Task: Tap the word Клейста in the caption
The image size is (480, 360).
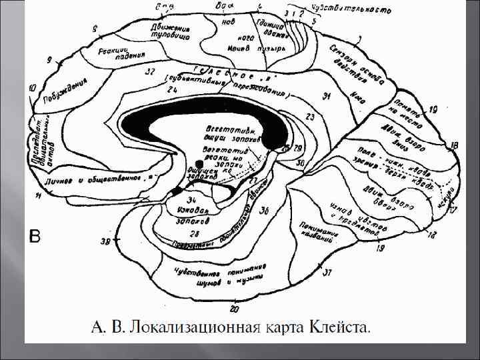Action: pyautogui.click(x=340, y=327)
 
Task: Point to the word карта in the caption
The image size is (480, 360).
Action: pyautogui.click(x=285, y=327)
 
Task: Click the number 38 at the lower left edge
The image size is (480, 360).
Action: pyautogui.click(x=105, y=241)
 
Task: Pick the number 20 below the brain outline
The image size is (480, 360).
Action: pyautogui.click(x=233, y=308)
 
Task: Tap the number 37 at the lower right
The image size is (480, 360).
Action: pyautogui.click(x=327, y=273)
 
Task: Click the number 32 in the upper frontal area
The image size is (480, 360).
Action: pyautogui.click(x=151, y=71)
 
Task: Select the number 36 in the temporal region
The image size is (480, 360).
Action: pyautogui.click(x=265, y=211)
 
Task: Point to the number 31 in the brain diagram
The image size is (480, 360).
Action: pyautogui.click(x=327, y=97)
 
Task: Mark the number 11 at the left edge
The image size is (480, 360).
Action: pyautogui.click(x=39, y=195)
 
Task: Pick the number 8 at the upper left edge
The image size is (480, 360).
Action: pyautogui.click(x=95, y=29)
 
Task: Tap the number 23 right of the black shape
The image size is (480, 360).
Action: pyautogui.click(x=310, y=117)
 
